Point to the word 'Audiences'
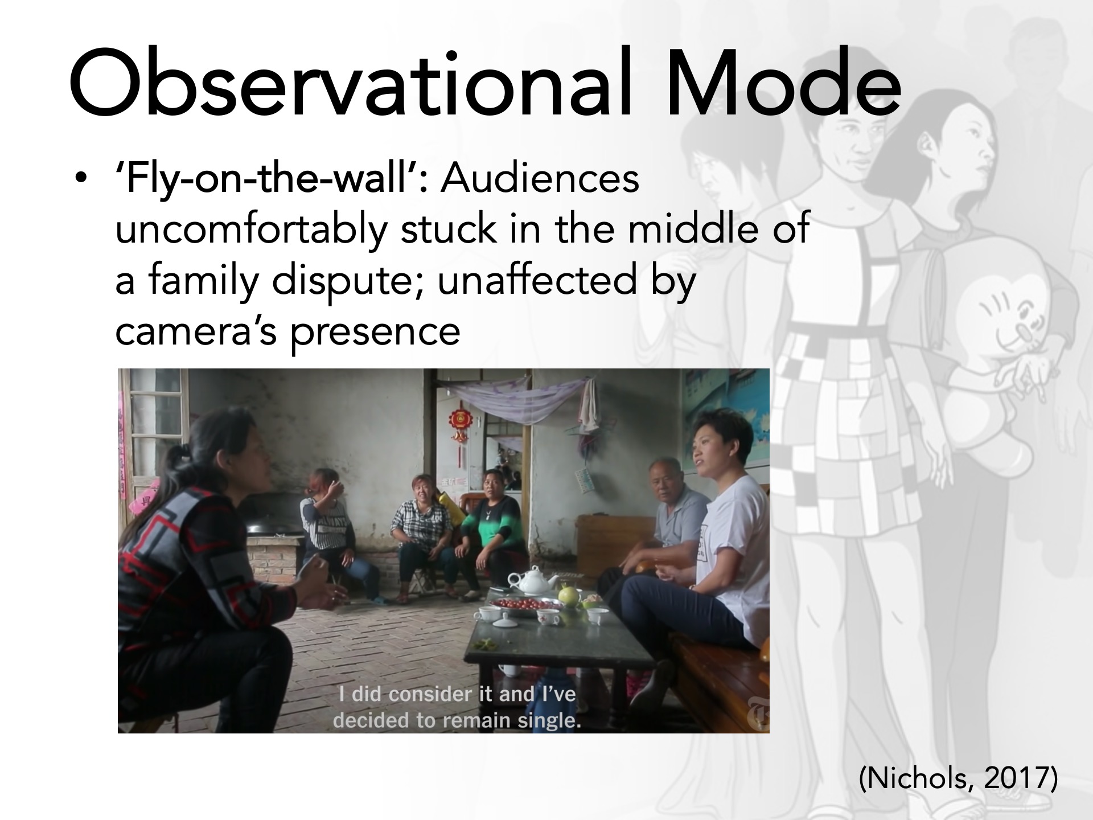coord(540,178)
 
